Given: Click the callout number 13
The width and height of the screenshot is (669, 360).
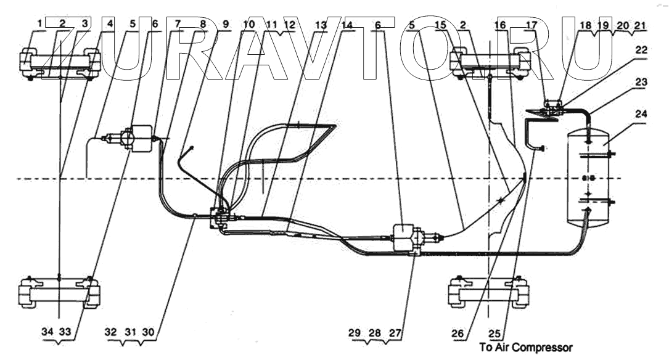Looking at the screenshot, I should pos(320,25).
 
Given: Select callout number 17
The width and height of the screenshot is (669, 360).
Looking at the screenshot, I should pos(531,25).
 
